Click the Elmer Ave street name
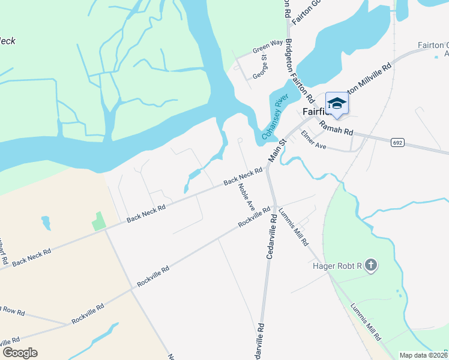(313, 141)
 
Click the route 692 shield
(399, 143)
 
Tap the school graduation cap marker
(337, 103)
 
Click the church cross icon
(371, 265)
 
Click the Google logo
(20, 352)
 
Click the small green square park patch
(98, 221)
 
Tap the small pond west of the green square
(46, 223)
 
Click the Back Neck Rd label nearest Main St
(244, 176)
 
